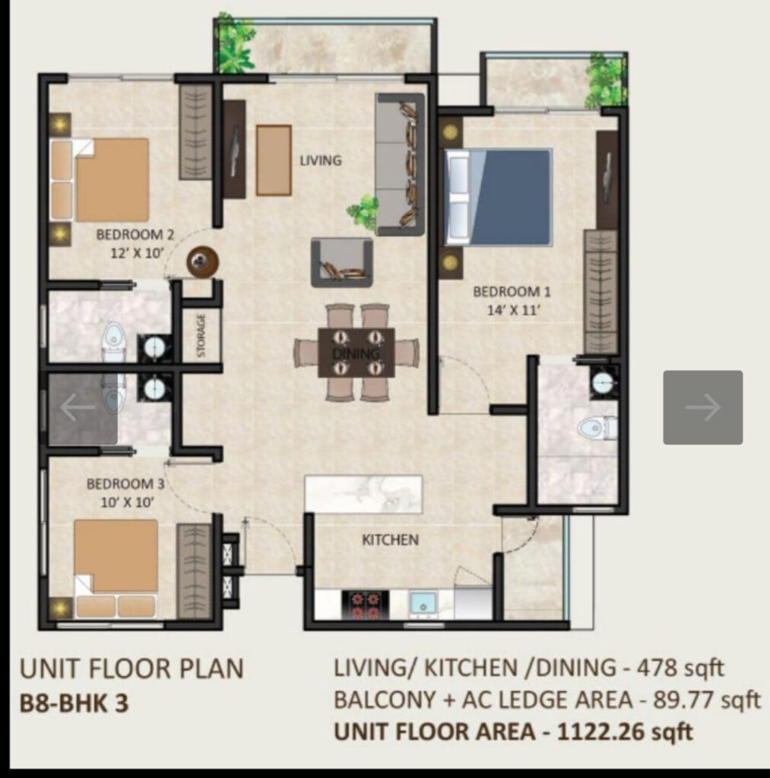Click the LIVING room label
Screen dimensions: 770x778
click(x=321, y=160)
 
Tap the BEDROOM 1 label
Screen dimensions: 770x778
click(x=512, y=292)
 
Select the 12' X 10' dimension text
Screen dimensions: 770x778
click(x=137, y=253)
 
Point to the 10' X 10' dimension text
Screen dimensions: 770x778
click(x=127, y=502)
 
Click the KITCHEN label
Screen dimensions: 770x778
click(x=390, y=540)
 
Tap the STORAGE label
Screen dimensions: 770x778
click(x=201, y=335)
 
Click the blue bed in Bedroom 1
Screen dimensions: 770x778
click(x=499, y=197)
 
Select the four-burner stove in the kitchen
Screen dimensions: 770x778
click(x=365, y=605)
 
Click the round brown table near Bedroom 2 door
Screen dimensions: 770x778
click(x=202, y=261)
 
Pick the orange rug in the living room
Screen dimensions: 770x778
click(x=274, y=160)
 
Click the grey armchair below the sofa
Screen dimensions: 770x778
click(x=342, y=262)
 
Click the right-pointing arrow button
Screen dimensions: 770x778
click(x=703, y=407)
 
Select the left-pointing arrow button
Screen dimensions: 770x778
click(x=78, y=407)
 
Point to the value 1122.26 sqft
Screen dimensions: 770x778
click(x=625, y=732)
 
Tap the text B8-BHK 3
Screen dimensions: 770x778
click(x=74, y=703)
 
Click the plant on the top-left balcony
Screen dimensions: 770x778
click(x=234, y=46)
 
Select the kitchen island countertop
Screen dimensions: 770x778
click(x=363, y=494)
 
